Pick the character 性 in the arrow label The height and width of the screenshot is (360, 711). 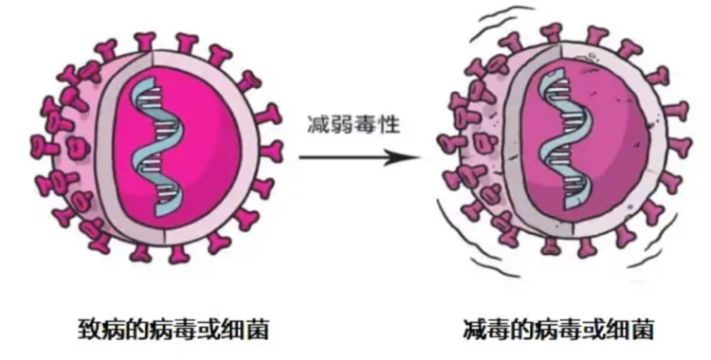point(377,124)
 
